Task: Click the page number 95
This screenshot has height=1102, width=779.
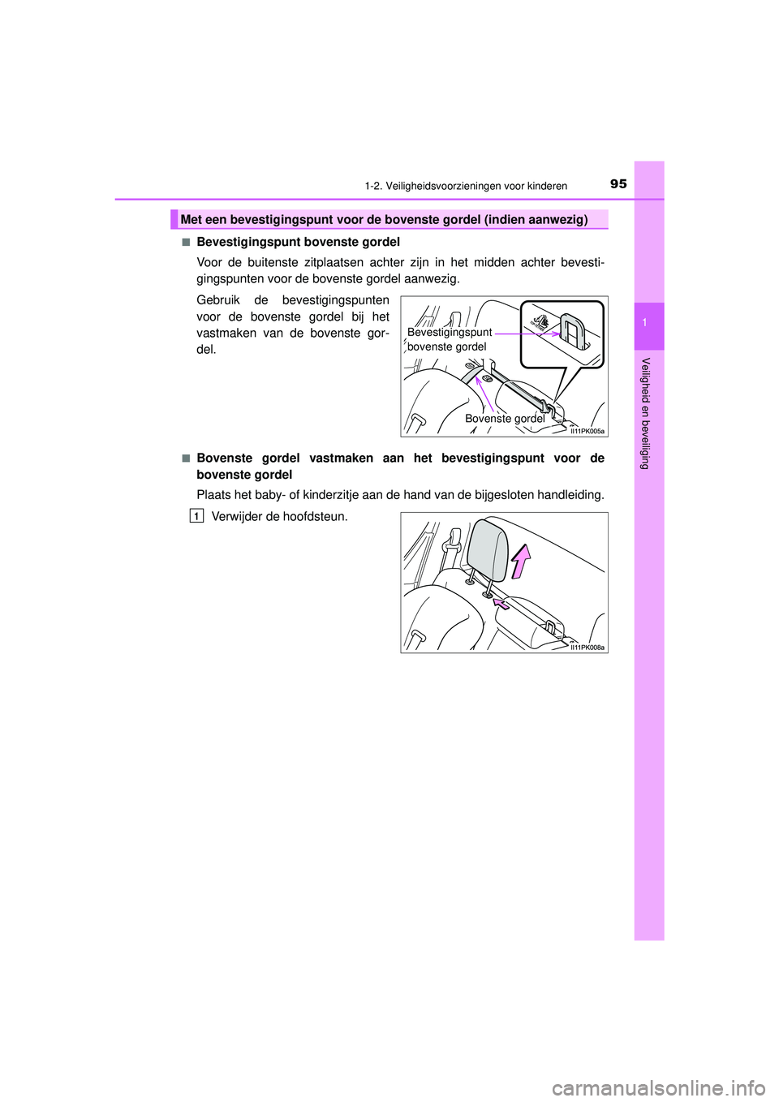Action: pos(618,184)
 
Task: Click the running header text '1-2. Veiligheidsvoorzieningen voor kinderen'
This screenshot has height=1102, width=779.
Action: pos(466,186)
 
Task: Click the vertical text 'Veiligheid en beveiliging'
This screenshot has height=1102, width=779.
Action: pos(645,413)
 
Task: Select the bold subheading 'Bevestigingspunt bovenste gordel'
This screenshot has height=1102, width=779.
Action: pos(298,242)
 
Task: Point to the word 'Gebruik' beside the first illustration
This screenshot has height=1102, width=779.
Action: pos(219,300)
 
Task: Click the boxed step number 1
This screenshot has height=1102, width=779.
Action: pos(196,516)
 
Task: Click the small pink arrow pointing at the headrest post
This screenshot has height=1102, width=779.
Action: pos(501,604)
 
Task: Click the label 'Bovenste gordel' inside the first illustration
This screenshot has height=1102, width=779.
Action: pos(505,419)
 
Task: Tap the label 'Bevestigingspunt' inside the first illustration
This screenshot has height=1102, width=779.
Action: pos(450,332)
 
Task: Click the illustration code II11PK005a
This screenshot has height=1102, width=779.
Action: pos(586,431)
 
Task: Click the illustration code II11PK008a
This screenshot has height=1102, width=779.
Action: pos(587,648)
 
